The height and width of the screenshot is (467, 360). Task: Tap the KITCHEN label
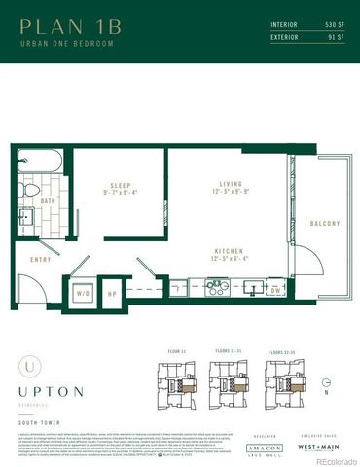(x=229, y=254)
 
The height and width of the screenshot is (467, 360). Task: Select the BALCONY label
(x=324, y=224)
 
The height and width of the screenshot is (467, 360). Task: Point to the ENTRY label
(x=41, y=259)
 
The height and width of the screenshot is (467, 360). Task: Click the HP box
(x=112, y=291)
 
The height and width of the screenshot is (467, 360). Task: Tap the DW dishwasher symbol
(x=275, y=290)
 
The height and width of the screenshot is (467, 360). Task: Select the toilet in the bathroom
(x=30, y=189)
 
